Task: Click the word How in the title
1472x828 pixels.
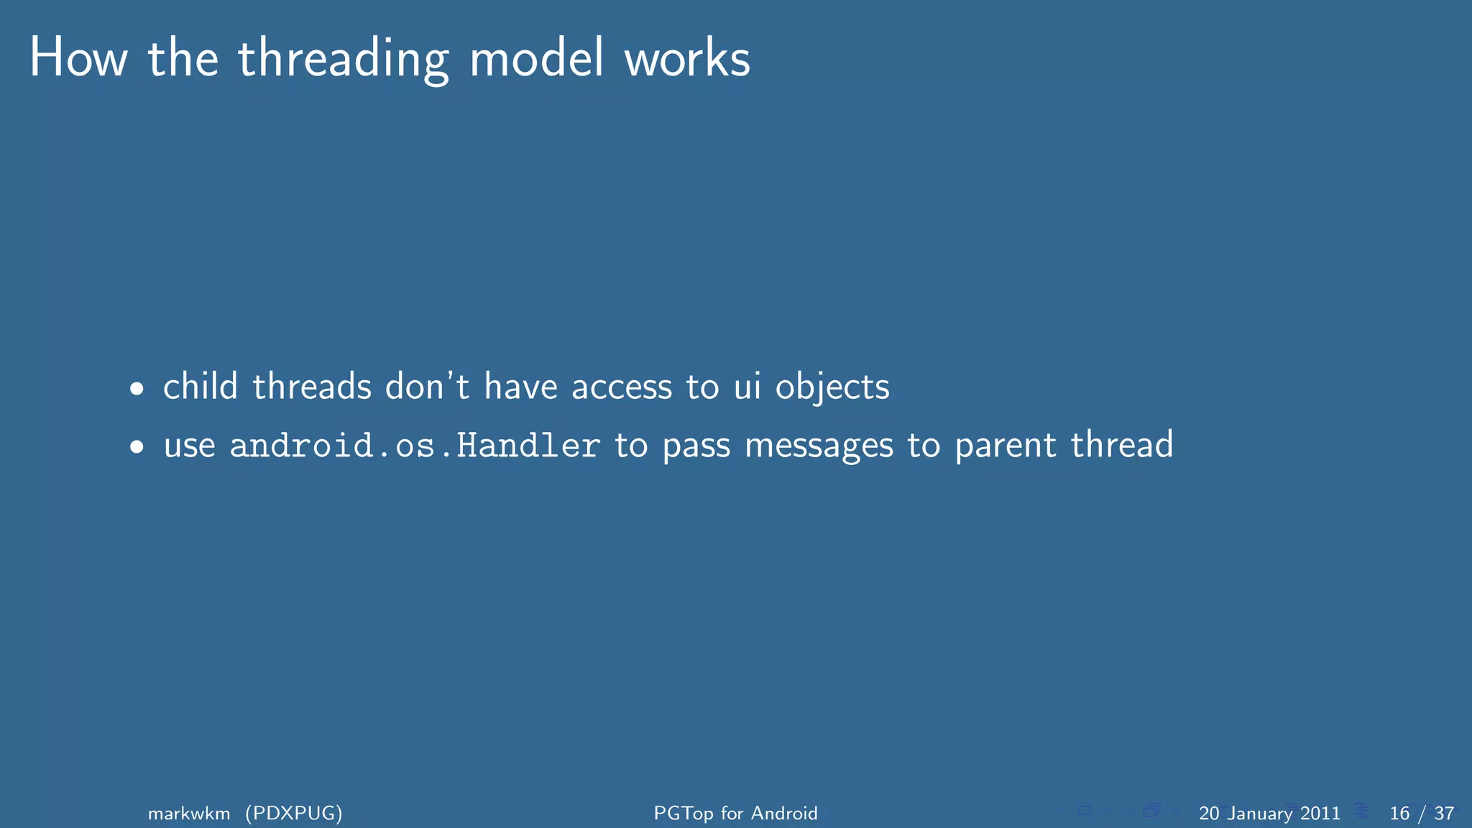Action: pos(78,58)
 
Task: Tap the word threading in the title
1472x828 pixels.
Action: pos(344,60)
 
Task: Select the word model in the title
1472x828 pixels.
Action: pos(536,58)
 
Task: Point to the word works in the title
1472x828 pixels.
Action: pos(687,58)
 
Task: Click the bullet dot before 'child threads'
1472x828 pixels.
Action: pos(137,390)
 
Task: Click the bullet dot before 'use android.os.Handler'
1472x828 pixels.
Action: pos(137,448)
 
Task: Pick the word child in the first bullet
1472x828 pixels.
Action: pos(200,387)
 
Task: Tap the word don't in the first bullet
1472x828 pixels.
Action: pos(427,387)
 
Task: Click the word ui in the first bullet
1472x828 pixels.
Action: pos(747,387)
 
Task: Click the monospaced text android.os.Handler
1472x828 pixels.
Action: pos(415,446)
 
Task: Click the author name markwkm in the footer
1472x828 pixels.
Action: pos(189,813)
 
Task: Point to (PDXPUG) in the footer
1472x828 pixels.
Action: pos(294,813)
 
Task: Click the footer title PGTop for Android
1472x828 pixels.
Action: pos(735,813)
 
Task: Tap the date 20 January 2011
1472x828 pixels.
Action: pos(1269,813)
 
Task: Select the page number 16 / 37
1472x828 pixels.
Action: pos(1422,813)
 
